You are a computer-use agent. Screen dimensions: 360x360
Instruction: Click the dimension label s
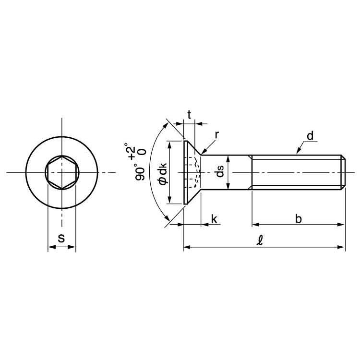(61, 238)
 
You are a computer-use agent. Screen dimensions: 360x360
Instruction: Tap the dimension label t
(189, 115)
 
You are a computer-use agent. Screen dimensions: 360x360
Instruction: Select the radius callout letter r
(217, 135)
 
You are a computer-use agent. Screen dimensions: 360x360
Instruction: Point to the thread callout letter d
(310, 136)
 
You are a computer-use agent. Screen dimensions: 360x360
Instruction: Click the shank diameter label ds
(220, 171)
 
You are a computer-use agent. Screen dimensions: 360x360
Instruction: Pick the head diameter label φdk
(163, 173)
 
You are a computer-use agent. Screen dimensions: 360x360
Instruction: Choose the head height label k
(214, 219)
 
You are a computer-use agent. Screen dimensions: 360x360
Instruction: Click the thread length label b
(298, 219)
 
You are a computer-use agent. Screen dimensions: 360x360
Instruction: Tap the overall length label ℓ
(260, 241)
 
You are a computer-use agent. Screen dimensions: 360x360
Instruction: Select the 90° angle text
(140, 172)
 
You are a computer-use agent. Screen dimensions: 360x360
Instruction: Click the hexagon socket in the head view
(62, 172)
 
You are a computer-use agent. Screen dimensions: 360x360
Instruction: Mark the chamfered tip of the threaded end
(343, 172)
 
